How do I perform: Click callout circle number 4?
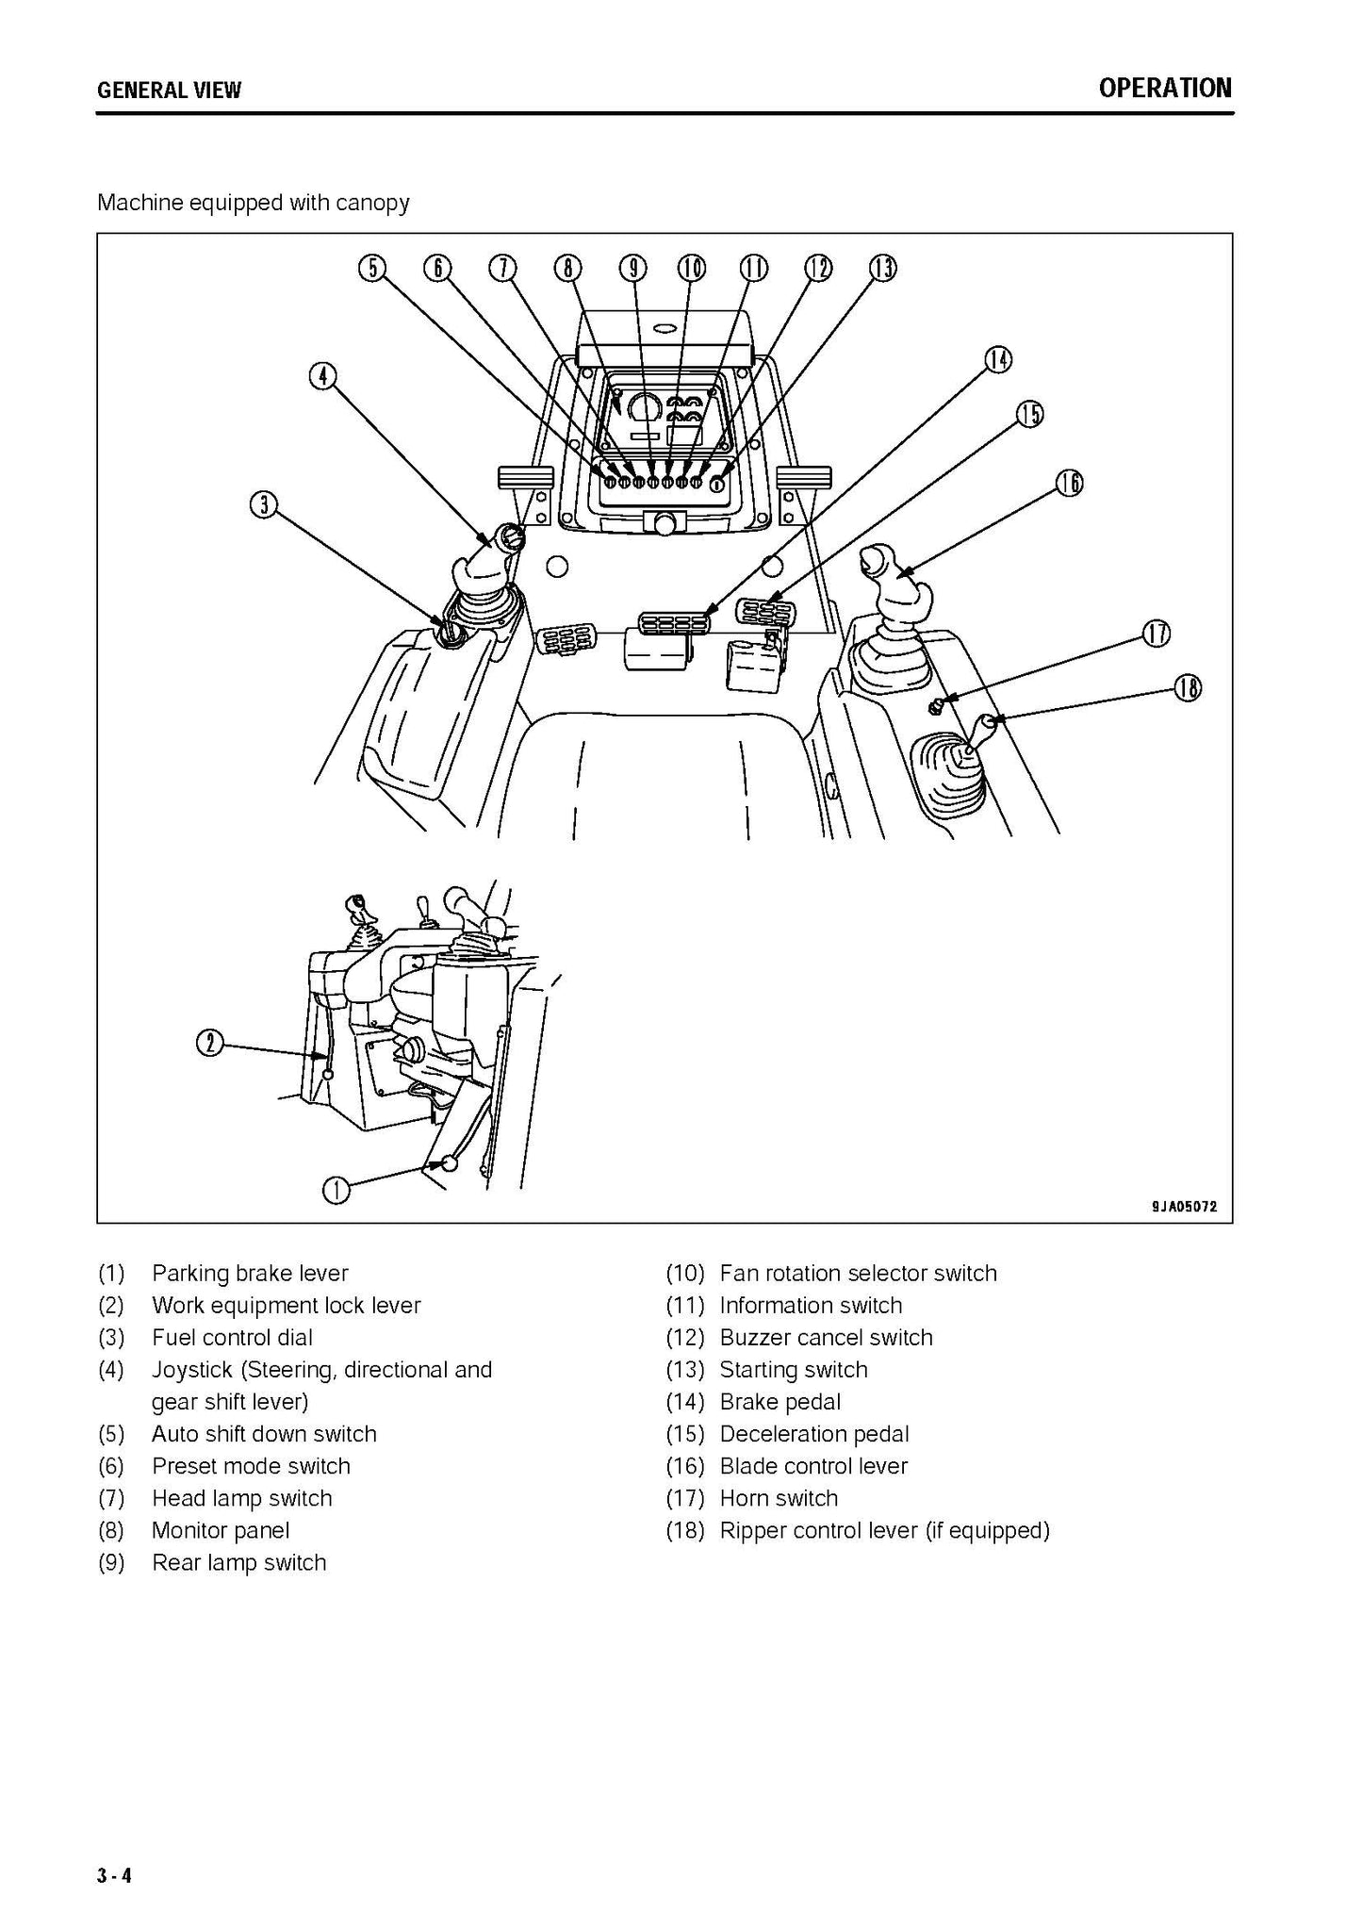[x=322, y=376]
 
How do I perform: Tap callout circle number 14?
[x=997, y=359]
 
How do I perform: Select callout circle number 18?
[x=1188, y=689]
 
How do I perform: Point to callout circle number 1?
[x=336, y=1191]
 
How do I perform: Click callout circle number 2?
[x=209, y=1043]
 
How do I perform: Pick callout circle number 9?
[x=632, y=269]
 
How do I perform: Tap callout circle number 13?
[x=882, y=269]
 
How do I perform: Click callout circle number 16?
[x=1069, y=484]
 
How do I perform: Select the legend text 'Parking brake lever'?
[x=250, y=1274]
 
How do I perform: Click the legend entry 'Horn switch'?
[x=779, y=1498]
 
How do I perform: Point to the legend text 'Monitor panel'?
[x=221, y=1530]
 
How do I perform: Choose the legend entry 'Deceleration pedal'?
[x=814, y=1434]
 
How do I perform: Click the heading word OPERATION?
[x=1164, y=89]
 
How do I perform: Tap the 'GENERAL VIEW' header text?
[x=169, y=91]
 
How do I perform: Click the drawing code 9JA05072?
[x=1184, y=1207]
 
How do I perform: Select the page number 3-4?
[x=114, y=1876]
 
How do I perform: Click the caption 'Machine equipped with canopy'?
[x=254, y=203]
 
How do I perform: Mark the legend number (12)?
[x=685, y=1338]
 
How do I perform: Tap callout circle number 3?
[x=264, y=504]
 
